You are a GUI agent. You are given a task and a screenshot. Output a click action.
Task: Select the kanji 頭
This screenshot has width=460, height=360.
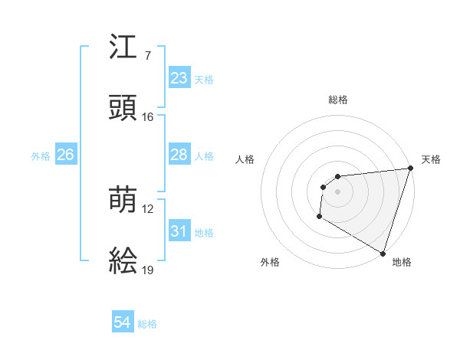tap(123, 108)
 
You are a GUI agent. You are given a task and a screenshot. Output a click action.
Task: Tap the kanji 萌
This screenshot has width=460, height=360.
tap(123, 201)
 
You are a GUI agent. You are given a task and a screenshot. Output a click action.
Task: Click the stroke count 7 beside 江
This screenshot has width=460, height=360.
tap(147, 56)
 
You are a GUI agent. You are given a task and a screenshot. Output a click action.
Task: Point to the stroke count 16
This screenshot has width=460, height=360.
tap(147, 117)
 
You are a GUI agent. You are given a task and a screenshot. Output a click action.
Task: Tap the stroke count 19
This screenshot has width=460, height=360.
tap(147, 270)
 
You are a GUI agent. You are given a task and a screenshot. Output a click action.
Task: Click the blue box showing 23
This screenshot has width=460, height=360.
tap(179, 78)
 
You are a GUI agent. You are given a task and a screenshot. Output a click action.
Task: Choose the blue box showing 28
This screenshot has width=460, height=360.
tap(179, 155)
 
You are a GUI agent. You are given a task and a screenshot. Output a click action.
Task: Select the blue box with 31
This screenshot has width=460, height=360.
tap(179, 231)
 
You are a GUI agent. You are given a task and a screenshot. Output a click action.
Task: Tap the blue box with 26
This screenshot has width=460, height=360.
tap(65, 155)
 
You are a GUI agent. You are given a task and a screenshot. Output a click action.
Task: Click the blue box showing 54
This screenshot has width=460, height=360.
tap(123, 323)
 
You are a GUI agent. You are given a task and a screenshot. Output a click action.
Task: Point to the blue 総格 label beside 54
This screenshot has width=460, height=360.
tap(147, 324)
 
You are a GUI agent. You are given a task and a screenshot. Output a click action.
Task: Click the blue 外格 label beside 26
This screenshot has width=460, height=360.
tap(41, 155)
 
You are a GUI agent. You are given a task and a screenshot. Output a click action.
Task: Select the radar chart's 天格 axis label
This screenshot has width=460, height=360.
tap(431, 159)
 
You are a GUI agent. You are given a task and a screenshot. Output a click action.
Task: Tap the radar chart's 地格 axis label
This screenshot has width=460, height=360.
tap(402, 262)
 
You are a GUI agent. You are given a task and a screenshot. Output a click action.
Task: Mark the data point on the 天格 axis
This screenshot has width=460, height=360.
tap(409, 169)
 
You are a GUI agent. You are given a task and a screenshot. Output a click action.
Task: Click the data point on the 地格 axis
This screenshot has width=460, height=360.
tap(382, 253)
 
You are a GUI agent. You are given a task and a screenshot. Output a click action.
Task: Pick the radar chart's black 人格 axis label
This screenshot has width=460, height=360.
tap(245, 159)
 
